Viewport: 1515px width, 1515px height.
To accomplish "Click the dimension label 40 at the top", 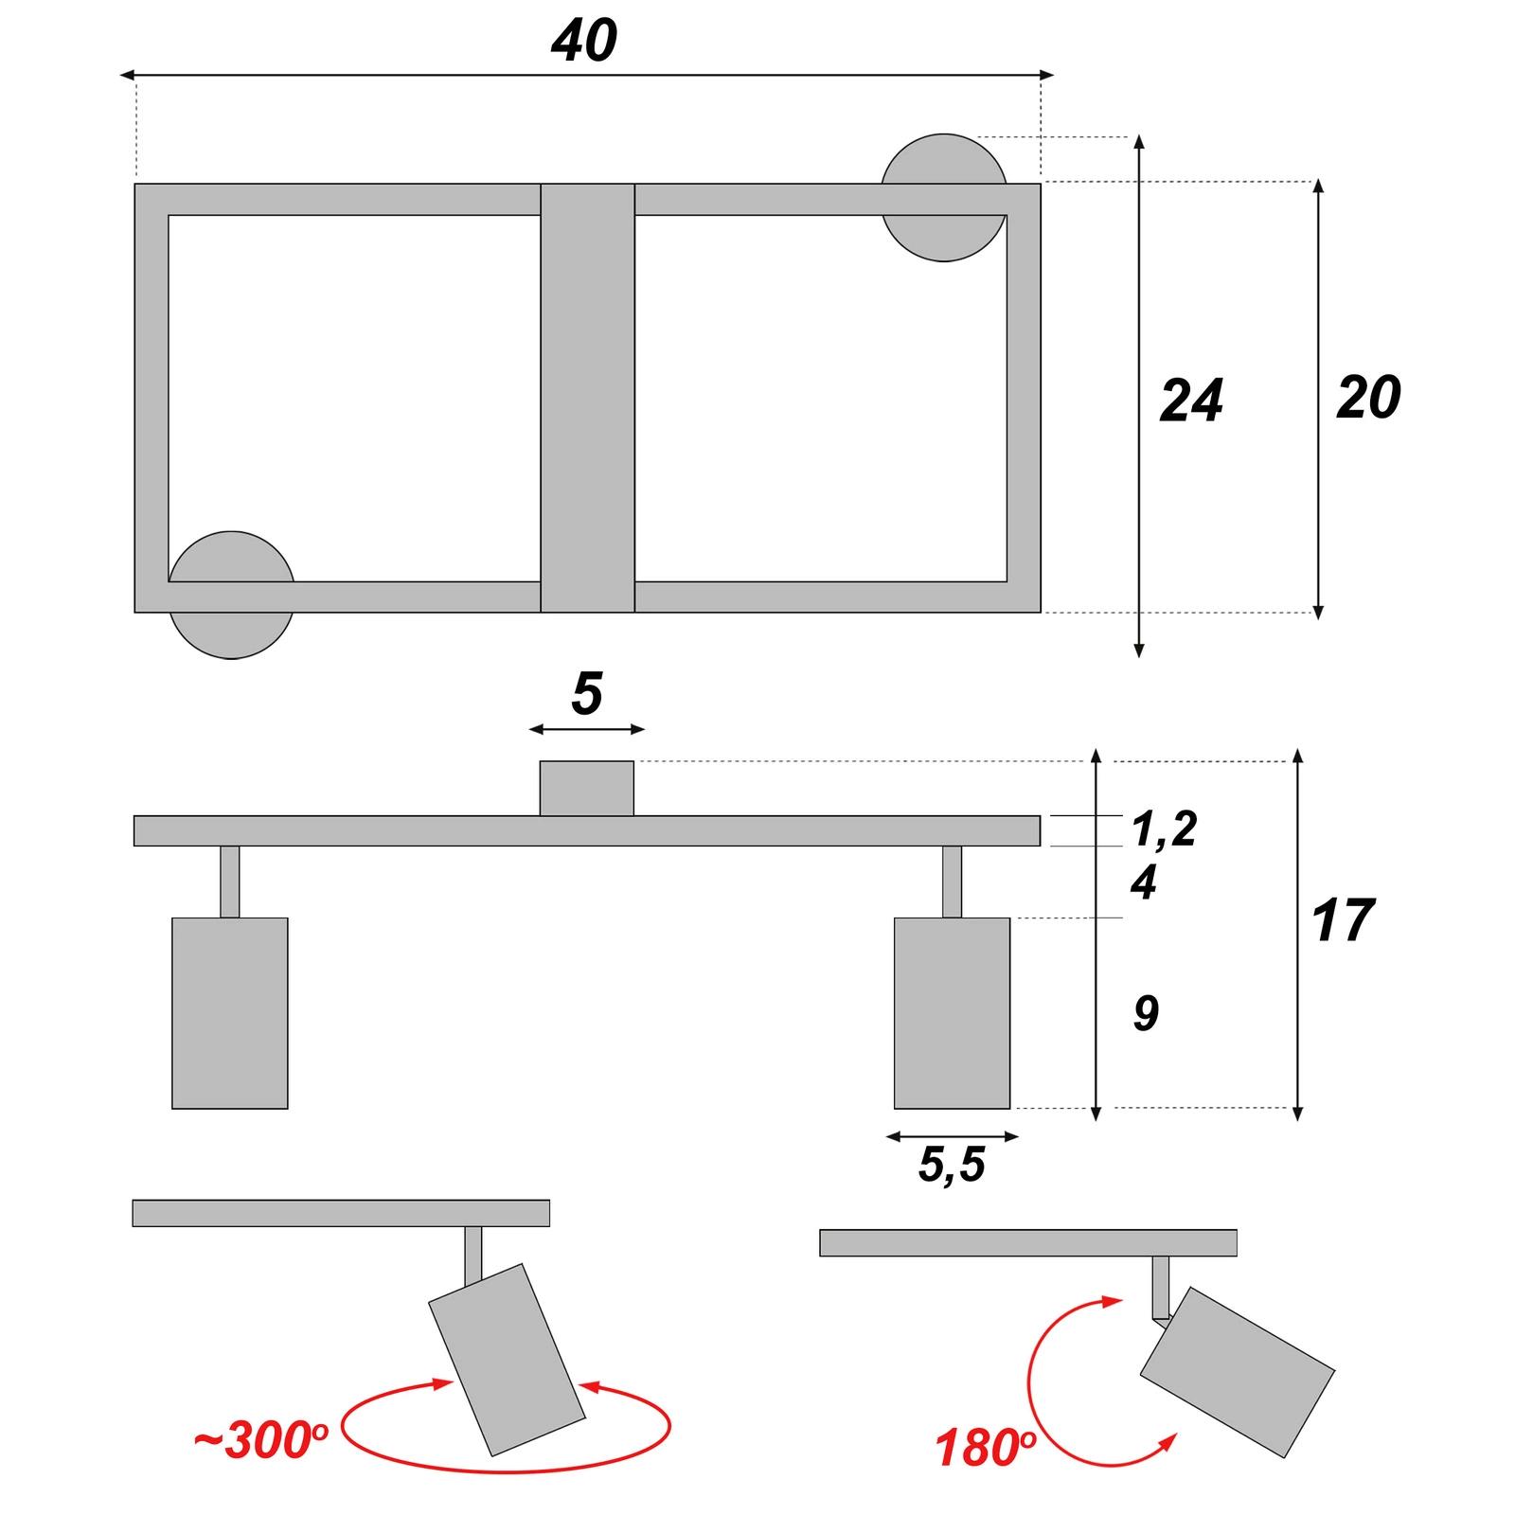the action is point(584,41).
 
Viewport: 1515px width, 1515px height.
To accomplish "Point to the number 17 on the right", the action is point(1343,920).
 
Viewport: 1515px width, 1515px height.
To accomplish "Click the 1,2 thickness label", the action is point(1164,829).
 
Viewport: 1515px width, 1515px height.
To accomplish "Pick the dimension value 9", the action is point(1146,1013).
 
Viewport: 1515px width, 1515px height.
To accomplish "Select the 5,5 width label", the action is point(952,1164).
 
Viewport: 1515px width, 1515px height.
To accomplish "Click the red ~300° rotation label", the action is point(260,1440).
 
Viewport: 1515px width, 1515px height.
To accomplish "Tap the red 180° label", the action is point(986,1448).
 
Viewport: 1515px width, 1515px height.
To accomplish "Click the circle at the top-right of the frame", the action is point(943,198).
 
